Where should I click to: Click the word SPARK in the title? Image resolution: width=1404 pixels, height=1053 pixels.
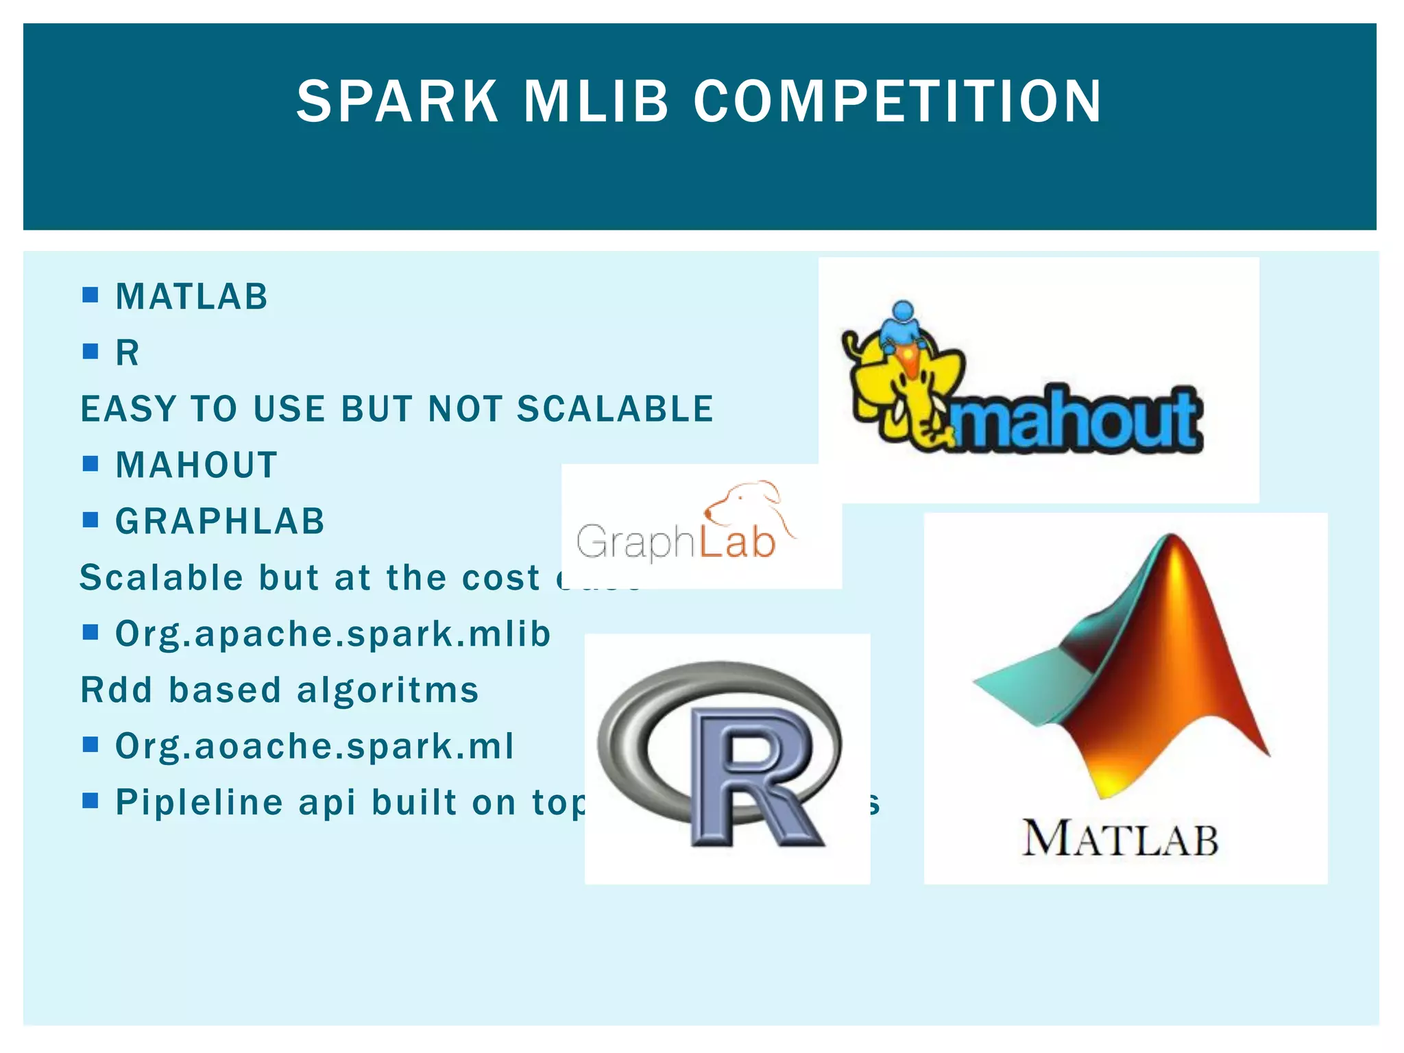pos(398,101)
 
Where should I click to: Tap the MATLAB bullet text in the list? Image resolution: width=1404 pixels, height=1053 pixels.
pos(191,297)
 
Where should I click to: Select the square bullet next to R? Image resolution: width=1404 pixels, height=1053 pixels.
pos(90,352)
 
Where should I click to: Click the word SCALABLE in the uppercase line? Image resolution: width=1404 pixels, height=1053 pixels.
pos(615,409)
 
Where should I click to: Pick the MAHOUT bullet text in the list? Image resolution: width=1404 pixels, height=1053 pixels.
pos(197,465)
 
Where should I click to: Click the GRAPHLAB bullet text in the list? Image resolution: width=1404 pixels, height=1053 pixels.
pos(220,522)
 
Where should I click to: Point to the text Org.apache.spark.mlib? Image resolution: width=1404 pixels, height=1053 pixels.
pos(333,633)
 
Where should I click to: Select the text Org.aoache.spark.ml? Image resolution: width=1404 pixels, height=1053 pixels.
pos(315,746)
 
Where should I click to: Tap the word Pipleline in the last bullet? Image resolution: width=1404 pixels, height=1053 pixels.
pos(199,802)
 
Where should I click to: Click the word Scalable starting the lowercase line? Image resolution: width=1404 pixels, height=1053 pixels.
pos(161,577)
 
